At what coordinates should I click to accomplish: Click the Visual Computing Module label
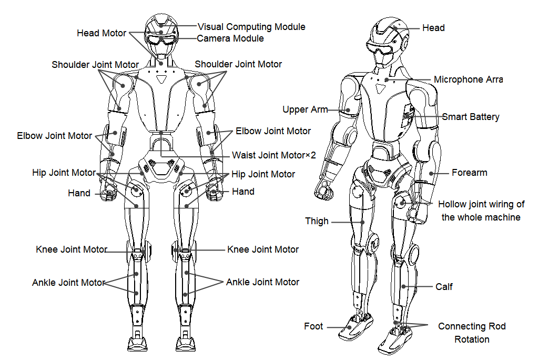click(x=251, y=27)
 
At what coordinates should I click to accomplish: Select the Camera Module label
click(x=230, y=38)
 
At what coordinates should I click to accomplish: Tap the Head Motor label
click(x=101, y=33)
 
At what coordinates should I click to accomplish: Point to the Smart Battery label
click(x=470, y=117)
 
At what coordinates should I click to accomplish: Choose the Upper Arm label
click(x=305, y=109)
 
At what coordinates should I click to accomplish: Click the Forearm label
click(x=470, y=173)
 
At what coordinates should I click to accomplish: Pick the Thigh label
click(x=317, y=221)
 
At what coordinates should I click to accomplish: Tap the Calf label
click(x=444, y=286)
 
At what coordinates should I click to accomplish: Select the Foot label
click(x=313, y=326)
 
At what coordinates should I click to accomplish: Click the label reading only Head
click(x=433, y=28)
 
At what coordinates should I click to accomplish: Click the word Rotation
click(x=472, y=339)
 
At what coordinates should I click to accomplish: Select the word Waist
click(x=243, y=155)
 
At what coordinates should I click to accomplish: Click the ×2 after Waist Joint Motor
click(x=310, y=155)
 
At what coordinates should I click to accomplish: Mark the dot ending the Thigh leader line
click(x=362, y=222)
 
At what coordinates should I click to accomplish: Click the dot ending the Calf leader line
click(x=404, y=286)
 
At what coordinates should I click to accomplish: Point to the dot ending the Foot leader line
click(x=350, y=327)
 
